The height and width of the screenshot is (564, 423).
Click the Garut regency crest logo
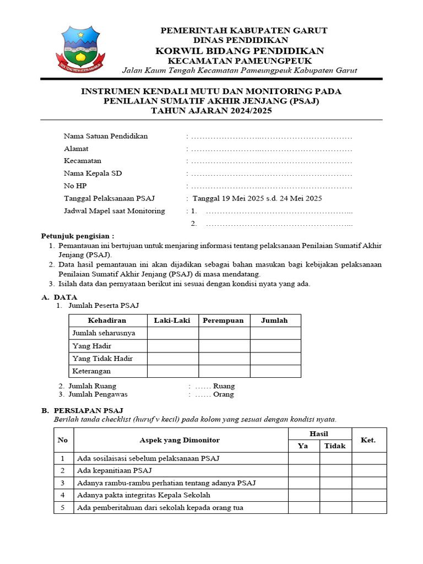click(81, 48)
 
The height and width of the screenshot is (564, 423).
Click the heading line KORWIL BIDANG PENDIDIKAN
click(240, 51)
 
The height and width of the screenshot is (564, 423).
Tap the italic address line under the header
click(240, 70)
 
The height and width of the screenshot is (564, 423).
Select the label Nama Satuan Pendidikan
click(106, 136)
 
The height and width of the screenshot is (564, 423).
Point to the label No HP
click(75, 186)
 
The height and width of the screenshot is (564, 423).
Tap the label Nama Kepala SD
click(93, 173)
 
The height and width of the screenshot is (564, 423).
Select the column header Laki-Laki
click(173, 321)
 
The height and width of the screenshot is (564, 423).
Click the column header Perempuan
click(224, 321)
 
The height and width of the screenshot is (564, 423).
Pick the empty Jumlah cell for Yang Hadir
click(275, 346)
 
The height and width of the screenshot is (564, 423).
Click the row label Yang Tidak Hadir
click(102, 359)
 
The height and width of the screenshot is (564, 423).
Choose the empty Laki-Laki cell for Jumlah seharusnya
click(173, 333)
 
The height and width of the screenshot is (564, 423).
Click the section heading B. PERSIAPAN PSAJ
click(83, 411)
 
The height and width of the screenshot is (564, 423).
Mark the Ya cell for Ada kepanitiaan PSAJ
click(304, 470)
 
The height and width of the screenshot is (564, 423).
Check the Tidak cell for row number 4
click(335, 495)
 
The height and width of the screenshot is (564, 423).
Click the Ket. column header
click(368, 440)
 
